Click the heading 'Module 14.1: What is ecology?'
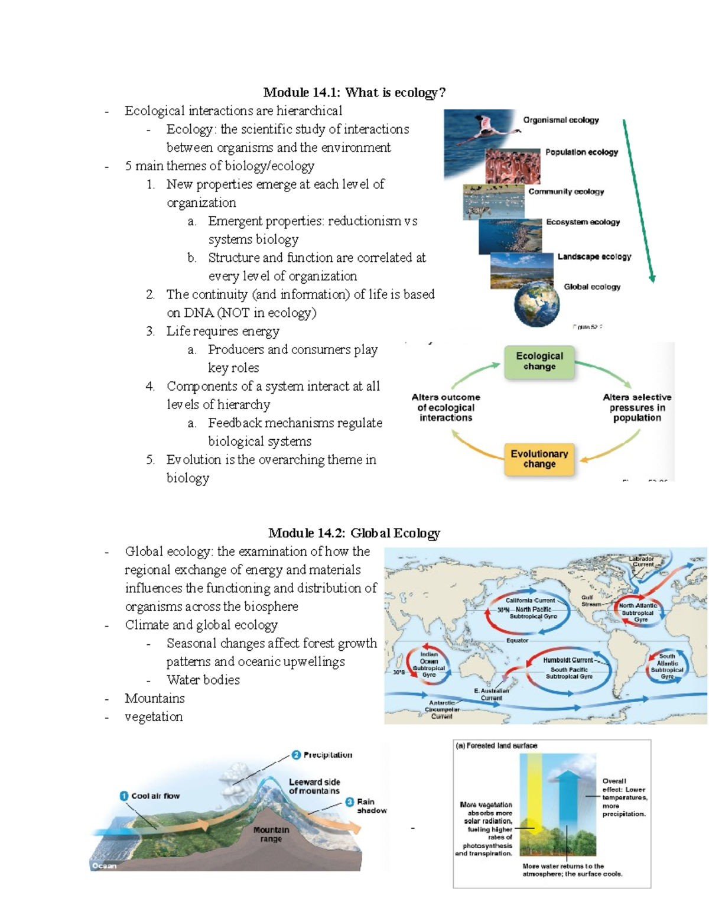tap(354, 92)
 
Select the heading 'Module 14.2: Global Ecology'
tap(354, 533)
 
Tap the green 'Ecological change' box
tap(539, 361)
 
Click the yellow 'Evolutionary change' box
tap(539, 459)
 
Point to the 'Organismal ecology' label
tap(561, 120)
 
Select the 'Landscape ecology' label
tap(594, 257)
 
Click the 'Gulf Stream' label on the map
tap(590, 601)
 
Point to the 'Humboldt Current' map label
tap(568, 660)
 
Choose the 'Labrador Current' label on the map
tap(642, 561)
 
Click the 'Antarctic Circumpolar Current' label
tap(442, 709)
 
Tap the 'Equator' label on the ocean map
tap(517, 640)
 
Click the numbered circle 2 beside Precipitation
tap(296, 755)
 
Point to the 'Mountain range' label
tap(271, 834)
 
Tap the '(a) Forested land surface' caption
tap(496, 746)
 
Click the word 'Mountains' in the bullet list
tap(155, 698)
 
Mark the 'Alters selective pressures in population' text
tap(636, 407)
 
